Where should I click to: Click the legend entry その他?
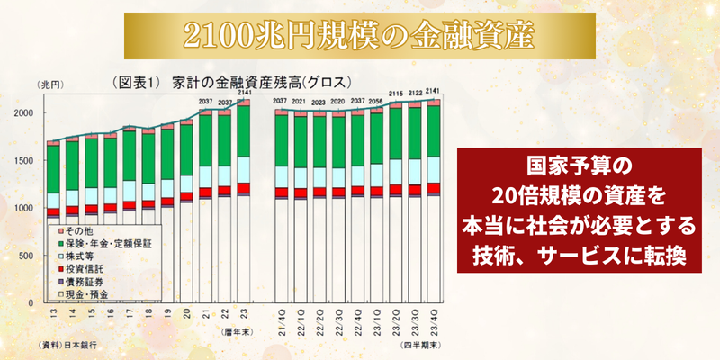pyautogui.click(x=73, y=231)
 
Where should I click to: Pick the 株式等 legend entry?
pyautogui.click(x=78, y=256)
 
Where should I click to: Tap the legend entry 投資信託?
pyautogui.click(x=82, y=268)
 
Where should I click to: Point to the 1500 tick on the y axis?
pyautogui.click(x=28, y=160)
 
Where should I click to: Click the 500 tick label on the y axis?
pyautogui.click(x=31, y=256)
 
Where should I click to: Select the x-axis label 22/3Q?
pyautogui.click(x=338, y=319)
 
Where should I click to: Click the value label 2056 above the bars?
pyautogui.click(x=376, y=102)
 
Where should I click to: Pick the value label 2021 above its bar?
pyautogui.click(x=299, y=102)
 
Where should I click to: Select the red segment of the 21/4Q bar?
pyautogui.click(x=280, y=192)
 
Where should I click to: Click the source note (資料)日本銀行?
pyautogui.click(x=67, y=345)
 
